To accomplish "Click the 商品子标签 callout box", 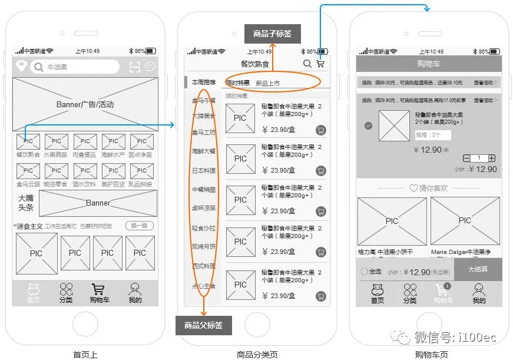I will pyautogui.click(x=272, y=34).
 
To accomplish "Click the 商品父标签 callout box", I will pyautogui.click(x=203, y=325).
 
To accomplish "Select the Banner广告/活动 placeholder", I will pyautogui.click(x=85, y=104).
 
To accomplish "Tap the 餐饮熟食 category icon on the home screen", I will pyautogui.click(x=28, y=141).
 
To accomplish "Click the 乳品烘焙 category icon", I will pyautogui.click(x=142, y=171).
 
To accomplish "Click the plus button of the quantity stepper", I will pyautogui.click(x=492, y=158).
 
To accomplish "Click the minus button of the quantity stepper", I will pyautogui.click(x=467, y=158).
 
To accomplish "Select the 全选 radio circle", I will pyautogui.click(x=364, y=272).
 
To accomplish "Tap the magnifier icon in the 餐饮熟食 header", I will pyautogui.click(x=307, y=64).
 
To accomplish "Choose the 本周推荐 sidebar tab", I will pyautogui.click(x=203, y=82).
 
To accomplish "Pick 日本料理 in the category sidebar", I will pyautogui.click(x=204, y=170).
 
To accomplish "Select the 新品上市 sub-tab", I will pyautogui.click(x=268, y=84).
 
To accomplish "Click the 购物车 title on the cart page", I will pyautogui.click(x=429, y=64).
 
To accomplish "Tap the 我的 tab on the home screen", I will pyautogui.click(x=135, y=293).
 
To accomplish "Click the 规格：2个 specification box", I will pyautogui.click(x=432, y=136).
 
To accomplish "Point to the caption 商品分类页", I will pyautogui.click(x=257, y=354).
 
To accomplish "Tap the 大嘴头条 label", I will pyautogui.click(x=26, y=203).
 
